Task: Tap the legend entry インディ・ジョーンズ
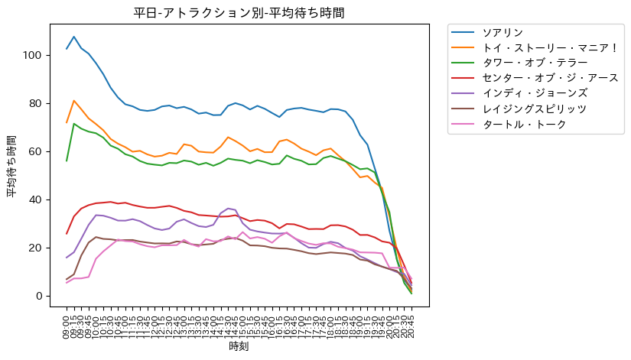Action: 524,93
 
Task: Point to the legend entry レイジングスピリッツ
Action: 524,109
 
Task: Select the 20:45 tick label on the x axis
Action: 411,324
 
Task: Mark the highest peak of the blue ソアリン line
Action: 74,37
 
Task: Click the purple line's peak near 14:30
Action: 227,208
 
